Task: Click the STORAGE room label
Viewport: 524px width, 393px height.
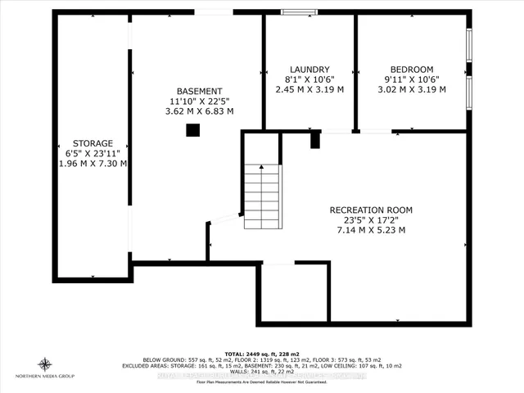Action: click(92, 142)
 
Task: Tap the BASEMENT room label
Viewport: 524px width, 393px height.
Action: click(200, 91)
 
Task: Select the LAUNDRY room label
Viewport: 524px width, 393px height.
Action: click(309, 70)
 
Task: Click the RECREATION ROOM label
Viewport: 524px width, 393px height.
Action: click(371, 210)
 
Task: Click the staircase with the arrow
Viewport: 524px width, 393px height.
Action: click(262, 196)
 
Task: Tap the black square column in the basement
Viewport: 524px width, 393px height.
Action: click(192, 129)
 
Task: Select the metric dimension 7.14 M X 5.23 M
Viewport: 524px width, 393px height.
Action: click(371, 230)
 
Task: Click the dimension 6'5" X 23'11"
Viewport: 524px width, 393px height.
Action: click(92, 153)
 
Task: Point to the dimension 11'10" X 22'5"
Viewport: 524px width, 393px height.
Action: click(200, 101)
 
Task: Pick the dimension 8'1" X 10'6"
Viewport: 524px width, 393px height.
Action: click(309, 79)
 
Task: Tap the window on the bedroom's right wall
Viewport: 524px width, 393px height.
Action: click(469, 70)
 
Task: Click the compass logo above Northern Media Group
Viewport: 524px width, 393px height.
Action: click(46, 364)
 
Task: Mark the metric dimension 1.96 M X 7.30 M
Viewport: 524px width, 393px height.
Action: click(92, 163)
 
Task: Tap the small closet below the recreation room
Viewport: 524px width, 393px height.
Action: click(293, 293)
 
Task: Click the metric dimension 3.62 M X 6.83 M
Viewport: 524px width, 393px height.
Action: click(200, 111)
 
